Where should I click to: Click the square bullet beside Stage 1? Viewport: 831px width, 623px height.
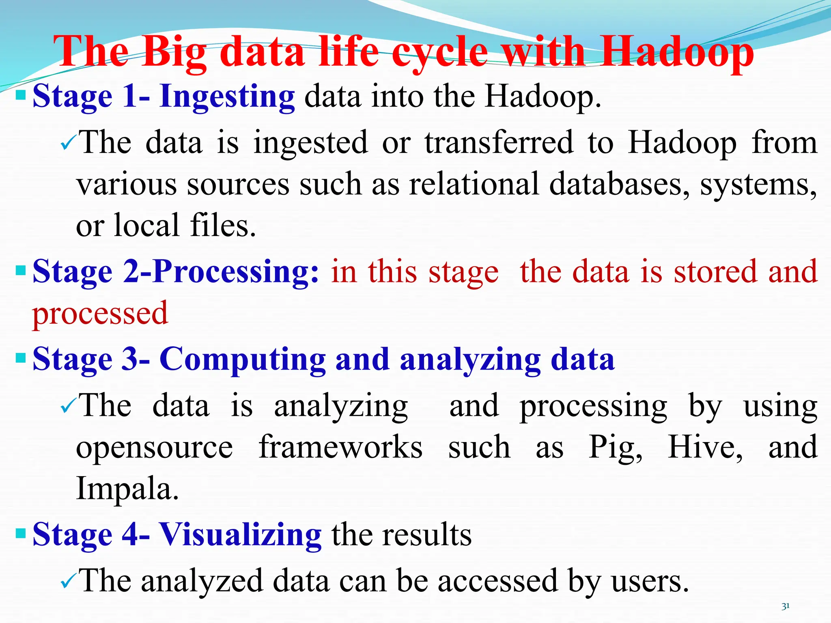pos(20,96)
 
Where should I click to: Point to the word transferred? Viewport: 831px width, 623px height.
pos(499,142)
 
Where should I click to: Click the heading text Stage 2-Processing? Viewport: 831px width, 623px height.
pos(176,272)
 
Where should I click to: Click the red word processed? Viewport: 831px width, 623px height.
pos(100,313)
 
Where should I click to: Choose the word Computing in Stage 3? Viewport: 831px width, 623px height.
pos(242,359)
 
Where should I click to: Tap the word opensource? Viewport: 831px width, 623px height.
pos(155,447)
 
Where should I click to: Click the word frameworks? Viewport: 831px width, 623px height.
pos(340,447)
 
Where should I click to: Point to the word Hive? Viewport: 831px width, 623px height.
pos(705,447)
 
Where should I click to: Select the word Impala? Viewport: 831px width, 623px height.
pos(127,488)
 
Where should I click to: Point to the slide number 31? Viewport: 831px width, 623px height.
pos(786,606)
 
